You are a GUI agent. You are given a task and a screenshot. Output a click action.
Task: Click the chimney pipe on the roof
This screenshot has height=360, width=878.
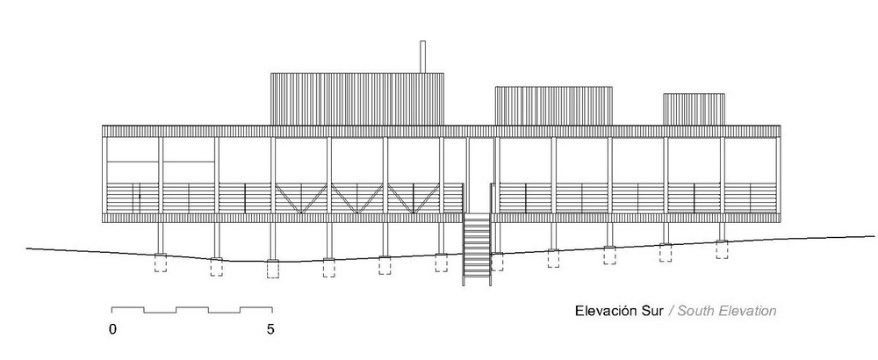[423, 56]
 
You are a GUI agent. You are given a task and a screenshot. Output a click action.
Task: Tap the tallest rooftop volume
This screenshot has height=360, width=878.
[357, 98]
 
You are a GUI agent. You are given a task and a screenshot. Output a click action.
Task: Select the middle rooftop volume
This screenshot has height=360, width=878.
[553, 106]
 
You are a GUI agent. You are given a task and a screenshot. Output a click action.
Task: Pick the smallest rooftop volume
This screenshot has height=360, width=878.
[694, 109]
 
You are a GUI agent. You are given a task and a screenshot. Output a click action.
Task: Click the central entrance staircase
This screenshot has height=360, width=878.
[477, 250]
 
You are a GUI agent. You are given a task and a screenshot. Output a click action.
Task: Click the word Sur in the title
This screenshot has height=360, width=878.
[652, 312]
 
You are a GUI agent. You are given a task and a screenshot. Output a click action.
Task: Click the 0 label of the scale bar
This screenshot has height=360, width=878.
[112, 329]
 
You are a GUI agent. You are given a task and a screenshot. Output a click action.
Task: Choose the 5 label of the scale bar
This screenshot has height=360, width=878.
[271, 329]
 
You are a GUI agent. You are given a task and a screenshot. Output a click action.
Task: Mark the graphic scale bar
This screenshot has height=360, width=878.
[192, 310]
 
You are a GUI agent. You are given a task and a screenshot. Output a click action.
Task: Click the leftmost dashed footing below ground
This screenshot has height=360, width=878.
[161, 263]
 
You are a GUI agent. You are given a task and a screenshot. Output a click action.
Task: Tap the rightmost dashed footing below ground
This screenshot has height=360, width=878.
[722, 249]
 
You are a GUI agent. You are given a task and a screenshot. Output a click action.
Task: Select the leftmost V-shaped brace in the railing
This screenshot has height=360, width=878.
[301, 198]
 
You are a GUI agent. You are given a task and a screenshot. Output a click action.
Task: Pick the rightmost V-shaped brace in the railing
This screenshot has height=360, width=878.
[414, 198]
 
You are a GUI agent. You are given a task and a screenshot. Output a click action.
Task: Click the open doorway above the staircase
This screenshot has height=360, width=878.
[481, 175]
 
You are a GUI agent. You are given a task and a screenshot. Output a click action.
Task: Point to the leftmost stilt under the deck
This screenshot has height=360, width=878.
[161, 239]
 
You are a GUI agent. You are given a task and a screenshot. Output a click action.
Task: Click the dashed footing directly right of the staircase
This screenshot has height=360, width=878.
[497, 262]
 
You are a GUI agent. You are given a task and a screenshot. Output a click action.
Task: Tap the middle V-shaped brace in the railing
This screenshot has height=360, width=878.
[357, 198]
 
